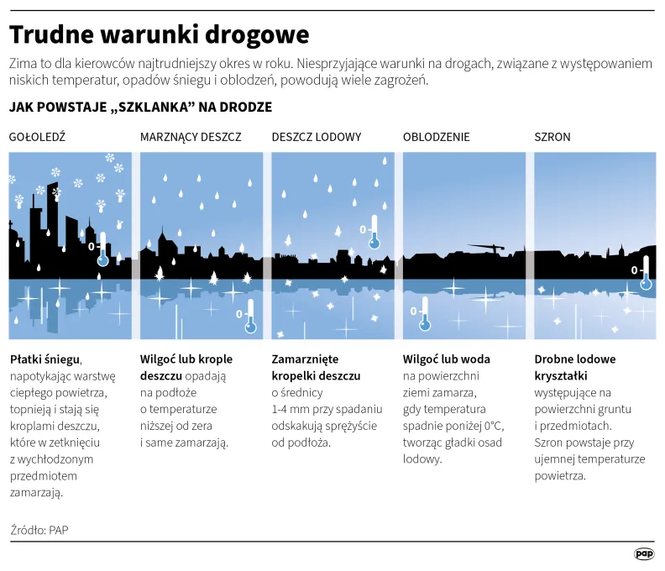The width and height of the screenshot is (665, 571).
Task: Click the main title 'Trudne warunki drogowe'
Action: [x=159, y=34]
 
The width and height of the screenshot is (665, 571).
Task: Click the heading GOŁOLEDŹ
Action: [x=37, y=137]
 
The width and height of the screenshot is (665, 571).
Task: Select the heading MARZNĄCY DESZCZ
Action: [x=191, y=137]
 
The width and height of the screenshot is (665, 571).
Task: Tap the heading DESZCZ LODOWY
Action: [x=317, y=137]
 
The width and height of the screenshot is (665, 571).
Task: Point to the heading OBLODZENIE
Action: [x=437, y=137]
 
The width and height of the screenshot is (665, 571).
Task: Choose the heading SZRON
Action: [x=552, y=137]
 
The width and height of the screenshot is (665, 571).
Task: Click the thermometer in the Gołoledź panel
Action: [x=102, y=249]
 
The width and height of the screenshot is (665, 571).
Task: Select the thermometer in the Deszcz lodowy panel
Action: [x=374, y=233]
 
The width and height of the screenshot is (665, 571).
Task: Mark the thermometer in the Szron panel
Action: [x=646, y=274]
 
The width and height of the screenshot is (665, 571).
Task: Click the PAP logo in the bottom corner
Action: [x=644, y=553]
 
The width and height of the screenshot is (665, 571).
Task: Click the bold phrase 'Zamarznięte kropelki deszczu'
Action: [x=316, y=367]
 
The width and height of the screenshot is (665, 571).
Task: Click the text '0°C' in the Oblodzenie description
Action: [x=493, y=425]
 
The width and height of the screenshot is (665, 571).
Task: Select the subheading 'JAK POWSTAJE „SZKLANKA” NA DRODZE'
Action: [x=140, y=108]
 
